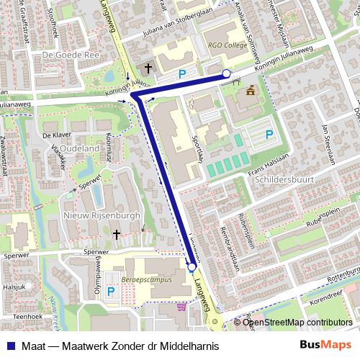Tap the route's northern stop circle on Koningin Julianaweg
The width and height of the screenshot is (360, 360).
[226, 74]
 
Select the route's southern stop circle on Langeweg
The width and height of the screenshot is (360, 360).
[192, 268]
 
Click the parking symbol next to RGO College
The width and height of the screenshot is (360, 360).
[182, 73]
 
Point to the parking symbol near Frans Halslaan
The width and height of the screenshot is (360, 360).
[269, 133]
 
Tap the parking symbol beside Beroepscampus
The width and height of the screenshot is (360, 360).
[110, 292]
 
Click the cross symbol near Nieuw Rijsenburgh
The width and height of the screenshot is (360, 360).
[117, 234]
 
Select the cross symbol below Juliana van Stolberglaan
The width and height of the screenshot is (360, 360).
[148, 68]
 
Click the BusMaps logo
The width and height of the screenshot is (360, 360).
[326, 346]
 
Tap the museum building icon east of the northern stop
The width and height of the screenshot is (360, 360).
[250, 90]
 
